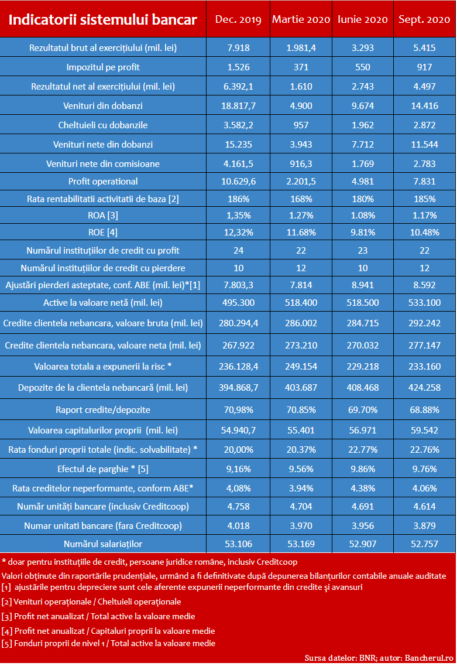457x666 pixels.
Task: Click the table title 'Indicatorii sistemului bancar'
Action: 102,19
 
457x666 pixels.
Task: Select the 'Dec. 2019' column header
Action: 238,19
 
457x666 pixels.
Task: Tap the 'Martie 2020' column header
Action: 301,19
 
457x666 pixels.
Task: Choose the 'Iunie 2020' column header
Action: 362,19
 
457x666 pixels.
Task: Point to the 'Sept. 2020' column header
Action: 424,19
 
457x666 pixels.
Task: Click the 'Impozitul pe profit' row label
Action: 102,67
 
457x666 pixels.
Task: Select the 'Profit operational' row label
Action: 102,182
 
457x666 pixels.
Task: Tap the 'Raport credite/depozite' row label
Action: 102,410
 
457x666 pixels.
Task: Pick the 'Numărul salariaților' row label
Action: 102,544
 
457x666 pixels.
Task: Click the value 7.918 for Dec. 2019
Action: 239,48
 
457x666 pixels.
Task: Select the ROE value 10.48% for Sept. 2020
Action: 424,233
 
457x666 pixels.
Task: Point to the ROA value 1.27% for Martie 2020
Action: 301,216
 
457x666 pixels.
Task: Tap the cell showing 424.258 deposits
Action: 424,387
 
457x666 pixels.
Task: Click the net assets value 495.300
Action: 239,302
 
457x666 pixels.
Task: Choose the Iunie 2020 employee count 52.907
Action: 362,544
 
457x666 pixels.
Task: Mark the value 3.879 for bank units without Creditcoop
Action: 424,525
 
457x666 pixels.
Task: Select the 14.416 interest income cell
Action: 424,106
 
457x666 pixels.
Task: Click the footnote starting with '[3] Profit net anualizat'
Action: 98,616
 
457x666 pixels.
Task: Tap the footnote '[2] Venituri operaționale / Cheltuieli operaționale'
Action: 91,602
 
